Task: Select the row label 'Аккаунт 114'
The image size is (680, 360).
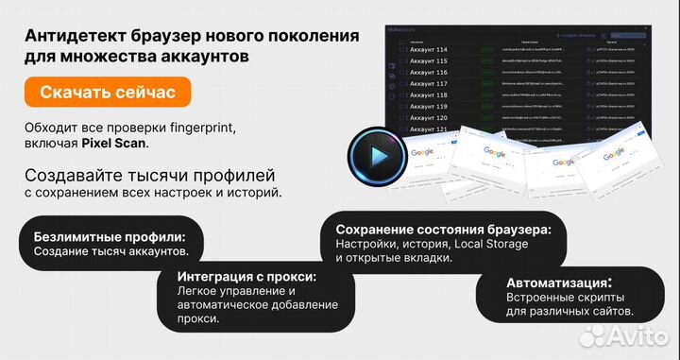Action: [429, 48]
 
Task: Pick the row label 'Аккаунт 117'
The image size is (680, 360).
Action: [429, 83]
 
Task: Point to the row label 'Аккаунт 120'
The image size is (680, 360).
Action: [429, 118]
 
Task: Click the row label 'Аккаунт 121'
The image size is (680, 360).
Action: [429, 129]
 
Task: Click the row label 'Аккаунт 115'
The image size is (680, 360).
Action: [429, 60]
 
